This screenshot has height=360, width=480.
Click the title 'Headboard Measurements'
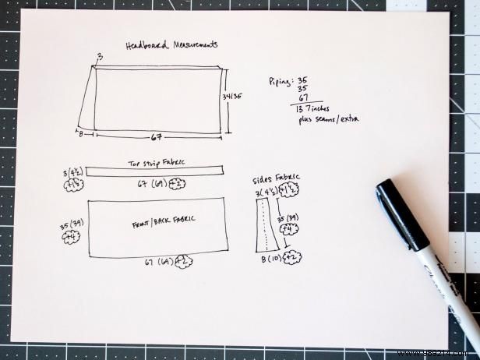171,45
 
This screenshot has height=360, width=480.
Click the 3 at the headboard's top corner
100,57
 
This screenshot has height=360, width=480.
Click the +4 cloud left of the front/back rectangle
72,237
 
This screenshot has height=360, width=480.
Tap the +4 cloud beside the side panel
291,229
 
